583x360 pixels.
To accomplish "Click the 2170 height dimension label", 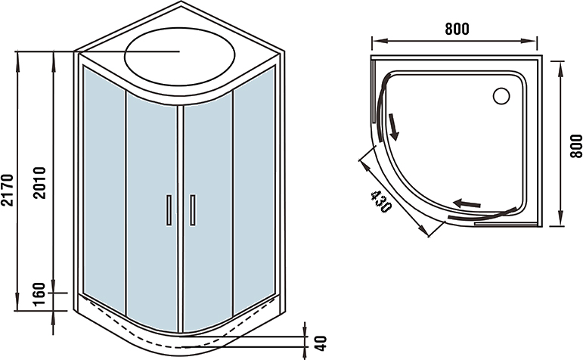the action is pos(8,190).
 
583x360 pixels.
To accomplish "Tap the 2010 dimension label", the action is pos(40,183).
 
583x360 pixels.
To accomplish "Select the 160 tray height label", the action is pos(39,294).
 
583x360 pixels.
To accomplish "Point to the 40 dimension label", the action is pos(321,343).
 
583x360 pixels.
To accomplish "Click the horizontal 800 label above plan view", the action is pos(457,29).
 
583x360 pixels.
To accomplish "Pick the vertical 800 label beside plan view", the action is pos(576,146).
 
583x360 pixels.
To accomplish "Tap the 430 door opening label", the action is pos(381,202).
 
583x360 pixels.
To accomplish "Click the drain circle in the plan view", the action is pos(501,96).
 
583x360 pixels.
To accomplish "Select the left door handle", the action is pos(169,210).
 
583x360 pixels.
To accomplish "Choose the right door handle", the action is pos(193,210).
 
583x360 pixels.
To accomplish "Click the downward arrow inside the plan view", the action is pos(393,127).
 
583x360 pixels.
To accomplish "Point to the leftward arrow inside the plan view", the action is pos(467,203).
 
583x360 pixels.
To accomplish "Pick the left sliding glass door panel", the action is pos(152,212).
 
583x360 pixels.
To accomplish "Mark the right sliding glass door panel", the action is pos(207,212).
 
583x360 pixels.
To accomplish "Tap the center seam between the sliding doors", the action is pos(180,219).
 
